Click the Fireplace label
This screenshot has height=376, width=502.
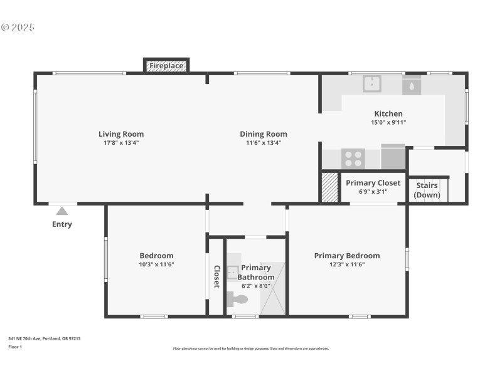[x=166, y=65]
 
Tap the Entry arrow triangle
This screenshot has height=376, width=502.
[x=61, y=211]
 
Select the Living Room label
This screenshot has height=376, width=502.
[x=121, y=133]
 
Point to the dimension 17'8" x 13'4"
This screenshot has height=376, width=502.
[x=121, y=142]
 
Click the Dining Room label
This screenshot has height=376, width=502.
[x=264, y=133]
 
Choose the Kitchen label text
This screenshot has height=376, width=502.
[x=388, y=113]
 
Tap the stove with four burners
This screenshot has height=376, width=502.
[x=353, y=159]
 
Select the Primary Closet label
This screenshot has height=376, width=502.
[x=373, y=183]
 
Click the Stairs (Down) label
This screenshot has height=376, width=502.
[x=427, y=191]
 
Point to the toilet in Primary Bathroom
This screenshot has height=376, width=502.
[x=238, y=299]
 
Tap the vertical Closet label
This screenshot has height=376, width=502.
[x=216, y=276]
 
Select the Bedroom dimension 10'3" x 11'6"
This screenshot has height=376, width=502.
[x=156, y=264]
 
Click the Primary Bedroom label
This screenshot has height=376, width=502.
[x=347, y=256]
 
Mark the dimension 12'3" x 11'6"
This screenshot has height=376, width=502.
[x=347, y=264]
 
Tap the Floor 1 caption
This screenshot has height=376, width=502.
[x=15, y=347]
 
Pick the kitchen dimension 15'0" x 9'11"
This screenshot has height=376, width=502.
[x=388, y=122]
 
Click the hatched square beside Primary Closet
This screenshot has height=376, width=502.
[x=329, y=187]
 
